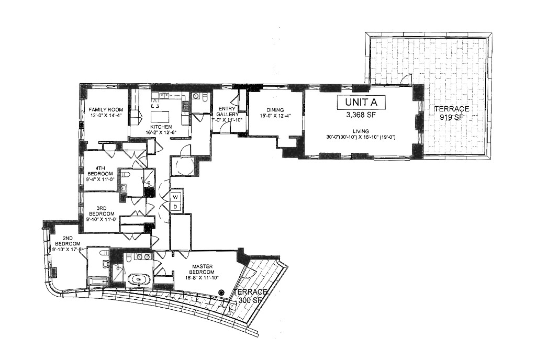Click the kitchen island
coord(157,117)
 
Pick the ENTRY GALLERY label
coord(228,111)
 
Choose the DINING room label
coord(275,109)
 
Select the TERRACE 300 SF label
coord(251,296)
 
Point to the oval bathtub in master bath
coord(139,280)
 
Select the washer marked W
coord(176,197)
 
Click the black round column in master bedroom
coord(222,293)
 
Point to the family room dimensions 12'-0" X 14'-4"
coord(105,115)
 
